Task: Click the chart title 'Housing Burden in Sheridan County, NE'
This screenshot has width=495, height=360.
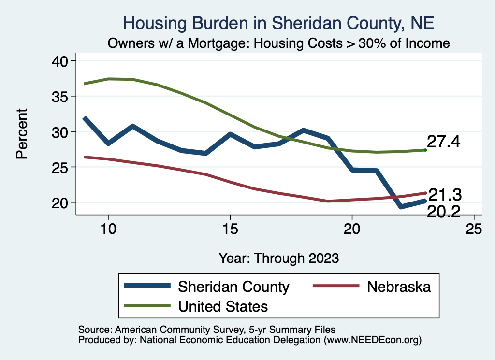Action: [279, 23]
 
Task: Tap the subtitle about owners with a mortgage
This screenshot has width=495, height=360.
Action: [279, 43]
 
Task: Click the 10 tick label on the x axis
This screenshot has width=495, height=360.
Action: [108, 229]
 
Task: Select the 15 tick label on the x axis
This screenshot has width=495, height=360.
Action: [230, 229]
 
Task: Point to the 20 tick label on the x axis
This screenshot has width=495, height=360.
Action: [352, 229]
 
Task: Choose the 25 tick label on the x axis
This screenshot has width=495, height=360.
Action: [474, 229]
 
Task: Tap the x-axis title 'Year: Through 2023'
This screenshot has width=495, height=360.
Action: [279, 258]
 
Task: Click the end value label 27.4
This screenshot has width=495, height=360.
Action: [443, 142]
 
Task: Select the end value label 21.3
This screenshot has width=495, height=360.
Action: [445, 195]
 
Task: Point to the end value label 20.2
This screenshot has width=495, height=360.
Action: [443, 211]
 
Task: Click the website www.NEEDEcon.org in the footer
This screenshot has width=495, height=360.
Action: [372, 340]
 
